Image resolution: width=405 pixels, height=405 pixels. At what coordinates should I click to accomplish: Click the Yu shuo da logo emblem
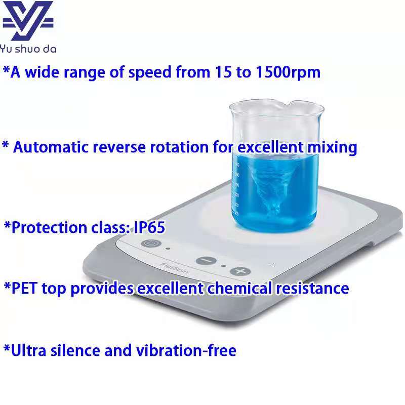pos(28,21)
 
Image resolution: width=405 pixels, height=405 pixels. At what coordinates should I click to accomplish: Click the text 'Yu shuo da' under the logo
pos(28,49)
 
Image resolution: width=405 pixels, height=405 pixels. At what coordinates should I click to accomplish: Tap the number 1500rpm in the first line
pos(288,72)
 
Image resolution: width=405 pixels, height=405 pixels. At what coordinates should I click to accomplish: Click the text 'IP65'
pos(149,227)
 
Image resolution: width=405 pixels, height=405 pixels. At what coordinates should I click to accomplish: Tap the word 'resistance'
pos(312,289)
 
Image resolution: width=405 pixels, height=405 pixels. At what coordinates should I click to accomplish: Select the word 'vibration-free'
pos(186,350)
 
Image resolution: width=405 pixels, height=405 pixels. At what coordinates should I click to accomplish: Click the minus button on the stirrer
pos(206,260)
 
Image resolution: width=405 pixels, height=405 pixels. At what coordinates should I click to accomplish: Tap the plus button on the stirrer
pos(240,271)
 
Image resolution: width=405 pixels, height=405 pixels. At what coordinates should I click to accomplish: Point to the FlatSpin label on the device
pos(174,268)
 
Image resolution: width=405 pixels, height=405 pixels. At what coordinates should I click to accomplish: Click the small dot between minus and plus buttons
pos(224,266)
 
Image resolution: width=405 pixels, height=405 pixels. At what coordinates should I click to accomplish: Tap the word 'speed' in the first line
pos(150,72)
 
